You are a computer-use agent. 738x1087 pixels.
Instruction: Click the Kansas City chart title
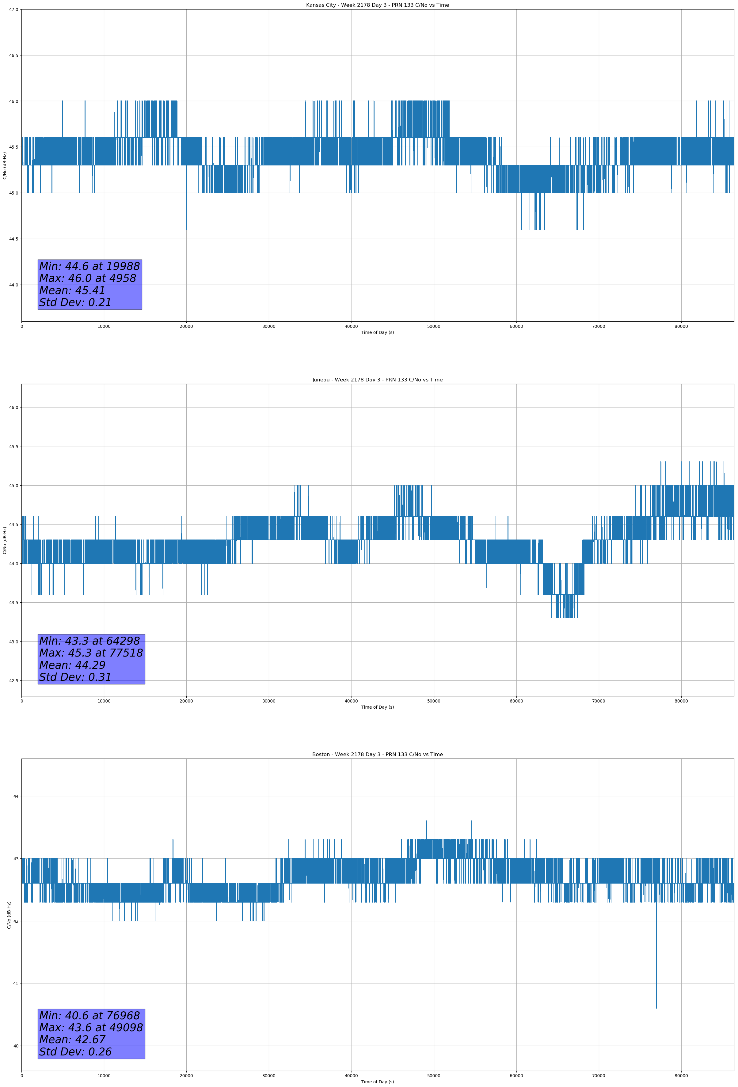pos(377,5)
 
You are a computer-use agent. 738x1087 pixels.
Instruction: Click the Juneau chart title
pos(377,380)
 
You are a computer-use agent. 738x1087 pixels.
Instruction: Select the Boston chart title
pos(377,755)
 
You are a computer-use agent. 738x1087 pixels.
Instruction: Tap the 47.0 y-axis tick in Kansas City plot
pos(13,9)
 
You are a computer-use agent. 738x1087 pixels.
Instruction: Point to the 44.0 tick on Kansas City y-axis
pos(13,285)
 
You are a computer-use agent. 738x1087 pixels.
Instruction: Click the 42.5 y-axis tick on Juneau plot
pos(13,680)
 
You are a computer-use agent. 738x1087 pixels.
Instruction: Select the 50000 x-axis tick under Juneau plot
pos(434,701)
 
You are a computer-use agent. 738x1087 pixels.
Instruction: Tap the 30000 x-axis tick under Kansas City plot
pos(268,327)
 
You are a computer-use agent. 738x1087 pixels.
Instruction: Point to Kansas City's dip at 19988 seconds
pos(186,210)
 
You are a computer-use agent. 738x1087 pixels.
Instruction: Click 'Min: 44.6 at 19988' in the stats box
pos(89,266)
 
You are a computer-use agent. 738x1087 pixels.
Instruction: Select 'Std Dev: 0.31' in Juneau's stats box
pos(75,677)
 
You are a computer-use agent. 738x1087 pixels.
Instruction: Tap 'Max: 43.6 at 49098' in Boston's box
pos(91,1028)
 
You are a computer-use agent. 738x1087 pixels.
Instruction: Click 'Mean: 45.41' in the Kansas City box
pos(72,290)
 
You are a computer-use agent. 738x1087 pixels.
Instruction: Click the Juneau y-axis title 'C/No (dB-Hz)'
pos(5,540)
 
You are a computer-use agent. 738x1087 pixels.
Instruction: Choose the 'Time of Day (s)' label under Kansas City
pos(377,332)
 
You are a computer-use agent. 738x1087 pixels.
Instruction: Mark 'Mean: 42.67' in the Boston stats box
pos(72,1040)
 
